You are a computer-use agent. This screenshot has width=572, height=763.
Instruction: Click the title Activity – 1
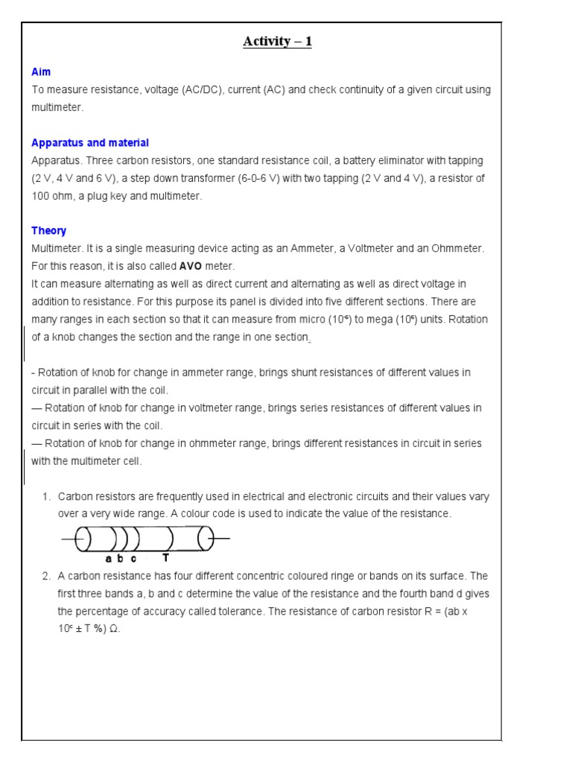pos(277,42)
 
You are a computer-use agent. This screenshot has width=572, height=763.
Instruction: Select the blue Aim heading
pos(41,72)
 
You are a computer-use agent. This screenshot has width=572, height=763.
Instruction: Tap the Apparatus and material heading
pos(90,143)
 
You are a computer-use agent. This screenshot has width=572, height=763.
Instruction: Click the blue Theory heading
pos(48,231)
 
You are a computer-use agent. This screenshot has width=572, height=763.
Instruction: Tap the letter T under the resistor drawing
pos(165,558)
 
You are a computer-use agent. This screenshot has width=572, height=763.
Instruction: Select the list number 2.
pos(46,576)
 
